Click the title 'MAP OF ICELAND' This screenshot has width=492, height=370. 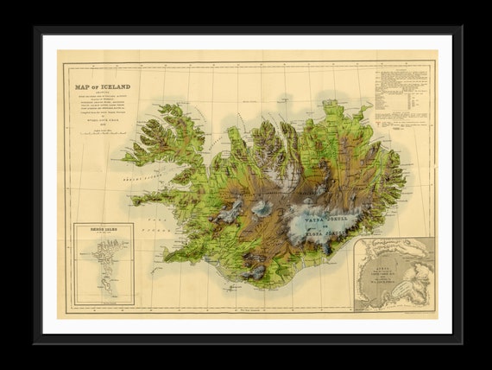[x=102, y=86]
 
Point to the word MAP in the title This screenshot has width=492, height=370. [x=84, y=86]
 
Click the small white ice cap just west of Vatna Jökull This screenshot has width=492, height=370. [x=262, y=207]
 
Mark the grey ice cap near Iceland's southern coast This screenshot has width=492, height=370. [x=255, y=271]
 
